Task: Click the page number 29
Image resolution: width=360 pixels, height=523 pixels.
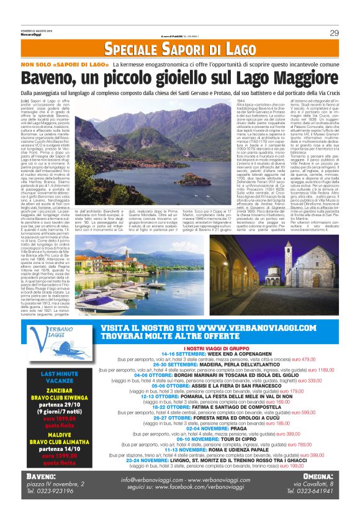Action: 334,33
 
